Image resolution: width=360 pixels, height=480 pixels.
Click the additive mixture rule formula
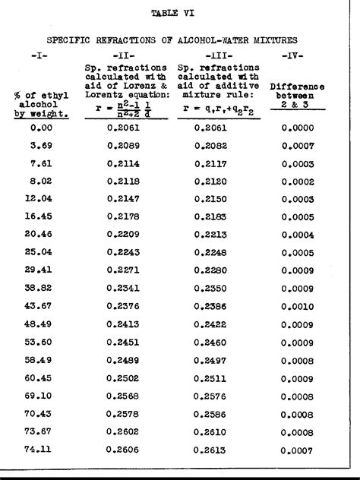click(x=217, y=109)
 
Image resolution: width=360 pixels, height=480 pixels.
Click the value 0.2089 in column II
click(x=123, y=144)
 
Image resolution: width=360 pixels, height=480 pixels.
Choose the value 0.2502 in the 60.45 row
click(x=123, y=377)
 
